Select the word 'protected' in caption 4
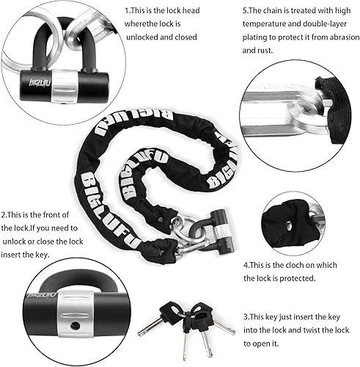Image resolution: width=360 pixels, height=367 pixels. coord(298,278)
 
